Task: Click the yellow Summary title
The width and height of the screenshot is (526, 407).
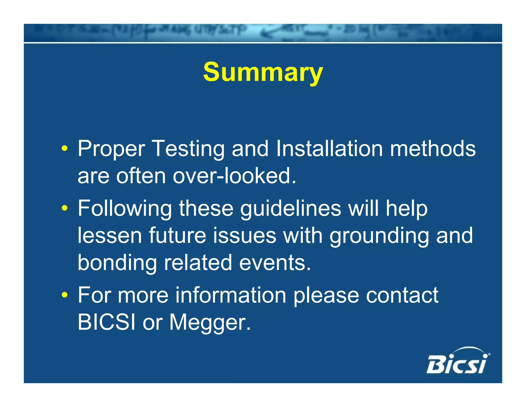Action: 263,72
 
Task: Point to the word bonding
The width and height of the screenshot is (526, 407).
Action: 117,263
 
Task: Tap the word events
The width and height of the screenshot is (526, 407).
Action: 275,263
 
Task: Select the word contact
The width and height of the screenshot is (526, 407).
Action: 402,295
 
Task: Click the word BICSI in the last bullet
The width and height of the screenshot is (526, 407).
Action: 107,322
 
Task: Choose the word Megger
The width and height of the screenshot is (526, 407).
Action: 210,322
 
